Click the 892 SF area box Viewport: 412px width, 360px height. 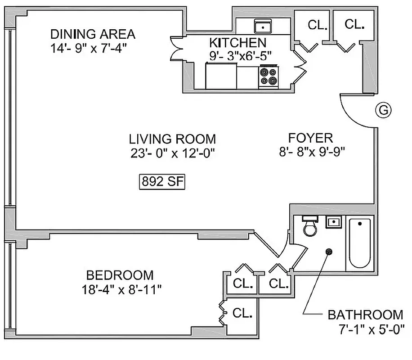[x=161, y=183]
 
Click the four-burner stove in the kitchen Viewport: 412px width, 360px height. [x=269, y=76]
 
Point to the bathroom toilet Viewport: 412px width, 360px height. [x=310, y=227]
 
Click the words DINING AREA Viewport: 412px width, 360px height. [x=92, y=34]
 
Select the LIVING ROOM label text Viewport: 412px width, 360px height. [x=172, y=139]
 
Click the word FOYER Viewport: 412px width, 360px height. [x=310, y=138]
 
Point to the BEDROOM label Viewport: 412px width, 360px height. [x=120, y=275]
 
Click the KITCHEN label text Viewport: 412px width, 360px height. [x=237, y=43]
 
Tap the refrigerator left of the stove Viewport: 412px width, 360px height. [x=221, y=76]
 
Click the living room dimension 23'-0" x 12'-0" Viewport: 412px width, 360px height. [x=172, y=153]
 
